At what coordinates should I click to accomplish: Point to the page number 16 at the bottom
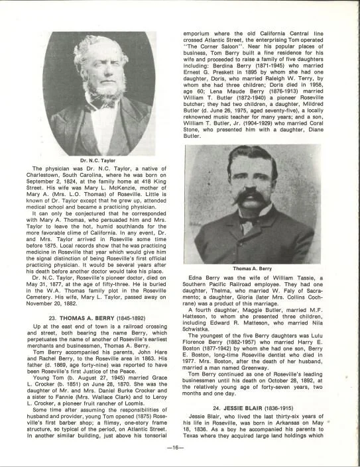180,449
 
